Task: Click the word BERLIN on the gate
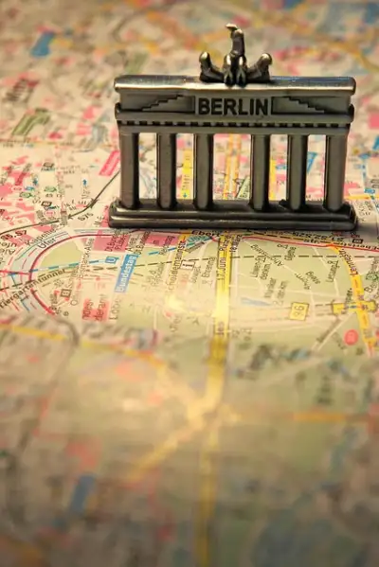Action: point(232,105)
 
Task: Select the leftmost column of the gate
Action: point(129,169)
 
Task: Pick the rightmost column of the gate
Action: point(335,171)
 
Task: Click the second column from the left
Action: point(167,170)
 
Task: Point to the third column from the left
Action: point(203,171)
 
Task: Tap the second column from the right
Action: point(298,171)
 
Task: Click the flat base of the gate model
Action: point(232,219)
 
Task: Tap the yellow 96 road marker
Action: point(298,310)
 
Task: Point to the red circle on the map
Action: point(352,337)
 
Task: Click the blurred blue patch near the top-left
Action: point(43,44)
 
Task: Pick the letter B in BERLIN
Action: point(203,106)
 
